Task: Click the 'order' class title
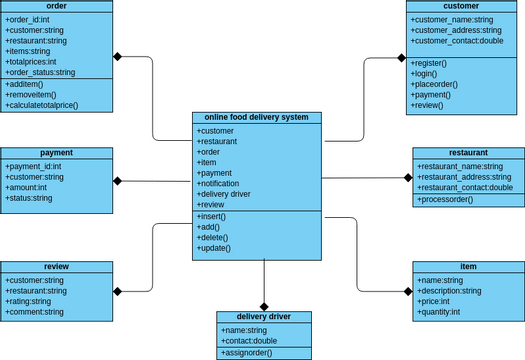56,6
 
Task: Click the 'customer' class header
461,6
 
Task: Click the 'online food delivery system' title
257,117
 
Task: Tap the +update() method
215,247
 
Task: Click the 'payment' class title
56,153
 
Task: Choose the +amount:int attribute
27,187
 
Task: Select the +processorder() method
446,199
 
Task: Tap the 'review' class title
56,267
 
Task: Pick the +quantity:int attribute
440,312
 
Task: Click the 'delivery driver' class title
264,317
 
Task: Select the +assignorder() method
250,353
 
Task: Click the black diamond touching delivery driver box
264,306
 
